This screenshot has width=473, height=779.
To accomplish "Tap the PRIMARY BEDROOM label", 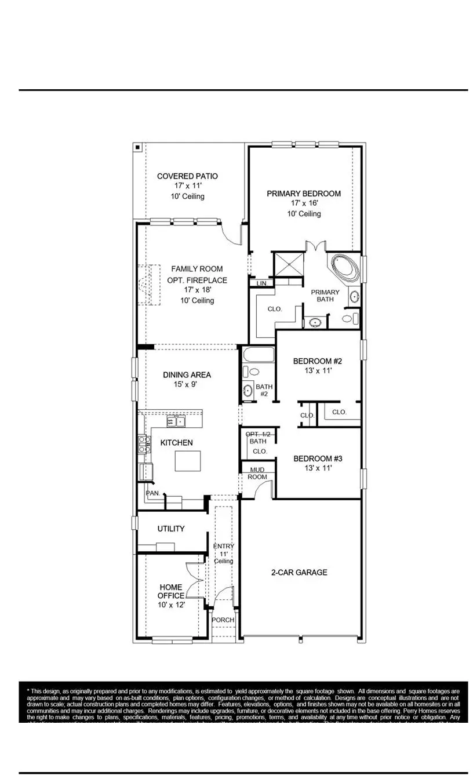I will tap(304, 194).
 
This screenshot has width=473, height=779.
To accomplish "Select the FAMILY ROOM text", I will tap(197, 269).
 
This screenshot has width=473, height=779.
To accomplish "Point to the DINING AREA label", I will tap(187, 375).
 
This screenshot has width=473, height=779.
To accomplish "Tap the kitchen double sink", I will tap(176, 420).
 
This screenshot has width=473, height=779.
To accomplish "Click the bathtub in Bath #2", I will tap(258, 355).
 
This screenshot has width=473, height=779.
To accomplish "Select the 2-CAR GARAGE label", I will tap(299, 573).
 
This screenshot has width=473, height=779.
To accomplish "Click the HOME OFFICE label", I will tap(171, 591).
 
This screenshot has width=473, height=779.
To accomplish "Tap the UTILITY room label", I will tap(171, 529).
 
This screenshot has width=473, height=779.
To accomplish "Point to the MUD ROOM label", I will tap(258, 473).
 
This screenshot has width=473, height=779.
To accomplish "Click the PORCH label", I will tap(223, 620).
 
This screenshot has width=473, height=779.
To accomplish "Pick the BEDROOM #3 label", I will tap(318, 458).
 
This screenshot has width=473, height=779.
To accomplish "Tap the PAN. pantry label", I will tap(152, 493).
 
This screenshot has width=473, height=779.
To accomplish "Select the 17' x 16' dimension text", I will tap(304, 203).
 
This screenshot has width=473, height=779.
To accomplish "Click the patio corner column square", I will tap(137, 147).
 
